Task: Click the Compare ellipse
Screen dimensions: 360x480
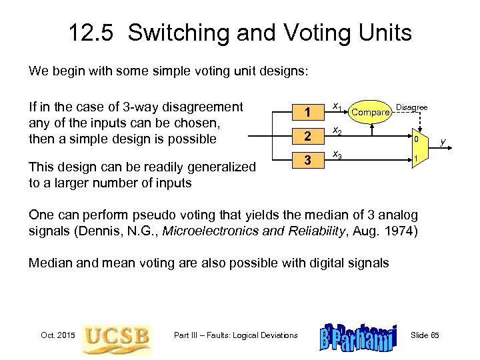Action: [x=370, y=113]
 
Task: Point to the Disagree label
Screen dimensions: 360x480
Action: [x=412, y=107]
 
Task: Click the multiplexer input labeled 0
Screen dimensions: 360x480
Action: [x=415, y=140]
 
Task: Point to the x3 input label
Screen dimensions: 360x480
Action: [x=337, y=155]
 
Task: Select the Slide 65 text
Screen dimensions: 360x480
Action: [x=429, y=335]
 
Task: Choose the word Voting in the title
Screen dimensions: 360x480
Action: [x=313, y=33]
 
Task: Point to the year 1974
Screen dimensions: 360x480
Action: [x=400, y=231]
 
